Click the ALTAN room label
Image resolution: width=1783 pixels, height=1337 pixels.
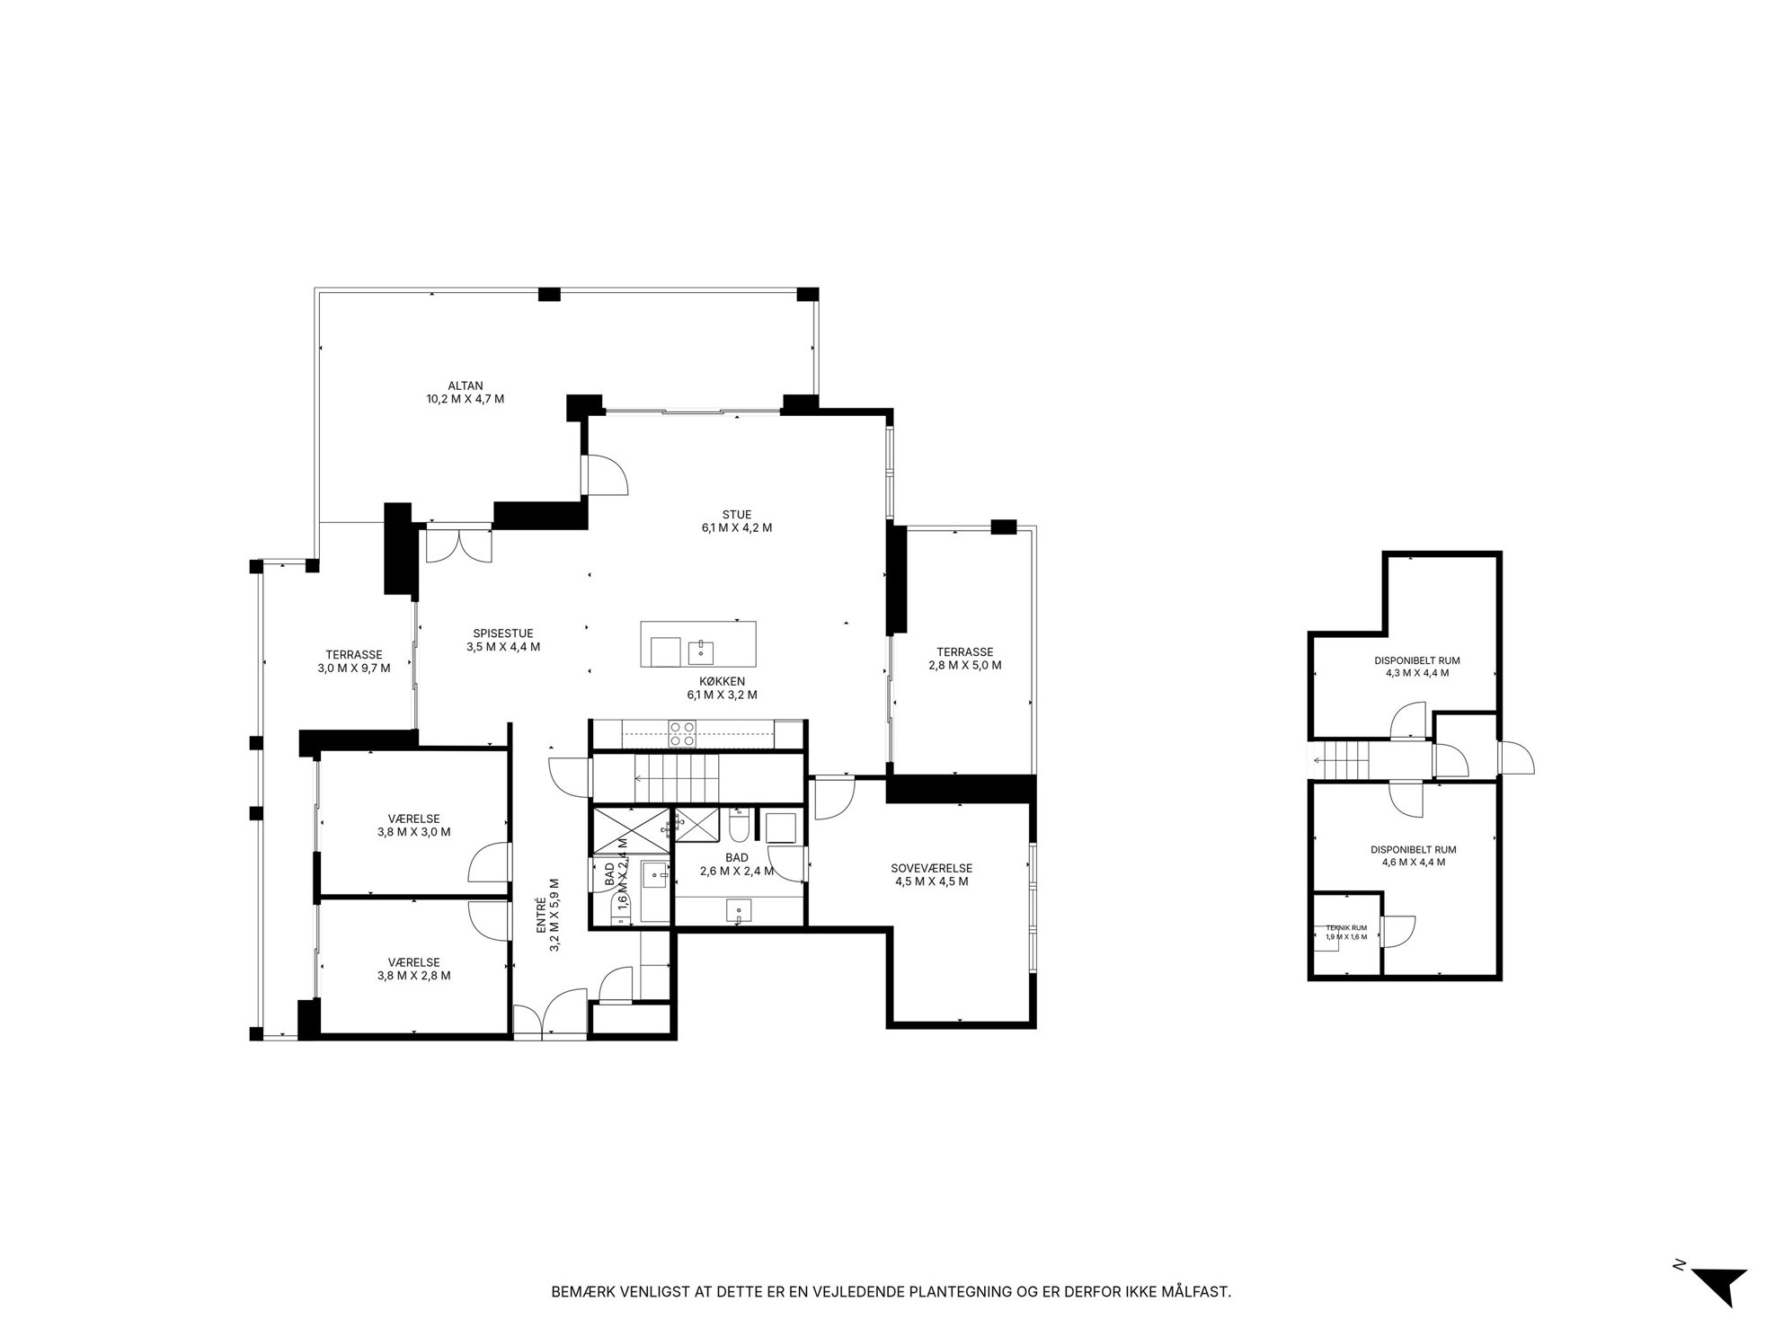click(465, 386)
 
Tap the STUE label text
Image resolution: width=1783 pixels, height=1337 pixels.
click(736, 515)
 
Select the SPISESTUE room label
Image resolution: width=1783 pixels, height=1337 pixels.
click(502, 633)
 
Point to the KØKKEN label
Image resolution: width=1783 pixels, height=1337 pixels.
click(722, 681)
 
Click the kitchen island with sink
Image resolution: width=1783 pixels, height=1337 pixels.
click(697, 644)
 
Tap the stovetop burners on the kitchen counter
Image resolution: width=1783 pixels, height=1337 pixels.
click(682, 735)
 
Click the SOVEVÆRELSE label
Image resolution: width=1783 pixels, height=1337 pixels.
click(931, 869)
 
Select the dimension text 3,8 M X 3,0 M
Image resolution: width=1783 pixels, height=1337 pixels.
click(413, 832)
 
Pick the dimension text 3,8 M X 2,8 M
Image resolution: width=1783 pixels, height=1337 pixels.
click(413, 976)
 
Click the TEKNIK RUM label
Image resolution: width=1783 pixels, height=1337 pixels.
click(1345, 928)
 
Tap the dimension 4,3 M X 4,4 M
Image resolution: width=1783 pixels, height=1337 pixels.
click(1416, 673)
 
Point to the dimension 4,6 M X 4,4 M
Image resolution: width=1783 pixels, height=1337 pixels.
click(1413, 862)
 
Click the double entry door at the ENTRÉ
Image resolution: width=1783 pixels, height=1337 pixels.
click(550, 1015)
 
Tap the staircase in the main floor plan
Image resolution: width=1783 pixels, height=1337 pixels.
click(679, 778)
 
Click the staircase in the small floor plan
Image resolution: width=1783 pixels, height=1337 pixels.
click(1342, 761)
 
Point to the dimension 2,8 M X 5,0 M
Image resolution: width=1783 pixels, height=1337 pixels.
click(964, 666)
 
